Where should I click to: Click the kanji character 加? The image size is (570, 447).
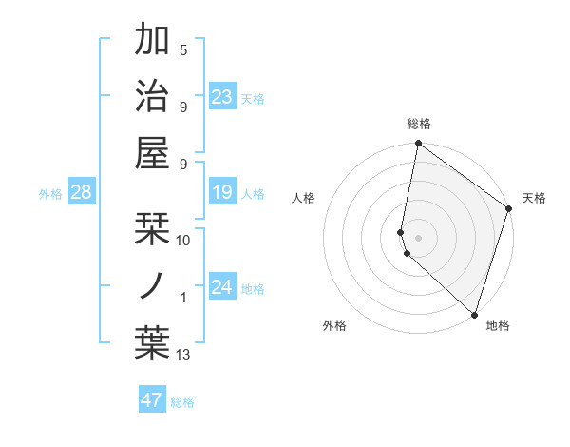point(153,41)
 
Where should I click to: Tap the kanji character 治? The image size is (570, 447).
point(153,95)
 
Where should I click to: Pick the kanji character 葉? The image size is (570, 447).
point(153,343)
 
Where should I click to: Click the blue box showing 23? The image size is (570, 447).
point(222,97)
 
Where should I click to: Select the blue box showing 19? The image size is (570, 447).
point(222,193)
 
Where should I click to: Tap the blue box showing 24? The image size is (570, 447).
point(222,287)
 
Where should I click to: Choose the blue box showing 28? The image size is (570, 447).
point(81,193)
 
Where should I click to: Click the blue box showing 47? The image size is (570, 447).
point(152,400)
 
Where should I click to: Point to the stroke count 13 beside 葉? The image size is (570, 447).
point(184,355)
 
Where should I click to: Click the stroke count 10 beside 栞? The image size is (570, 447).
point(184,240)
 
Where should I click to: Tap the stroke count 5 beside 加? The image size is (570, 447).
point(183,50)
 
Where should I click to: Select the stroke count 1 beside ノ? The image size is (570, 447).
point(183,298)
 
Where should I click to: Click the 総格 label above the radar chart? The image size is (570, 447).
point(419,124)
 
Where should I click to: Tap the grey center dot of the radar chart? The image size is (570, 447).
point(419,236)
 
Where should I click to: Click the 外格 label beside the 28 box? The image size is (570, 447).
point(50,194)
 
